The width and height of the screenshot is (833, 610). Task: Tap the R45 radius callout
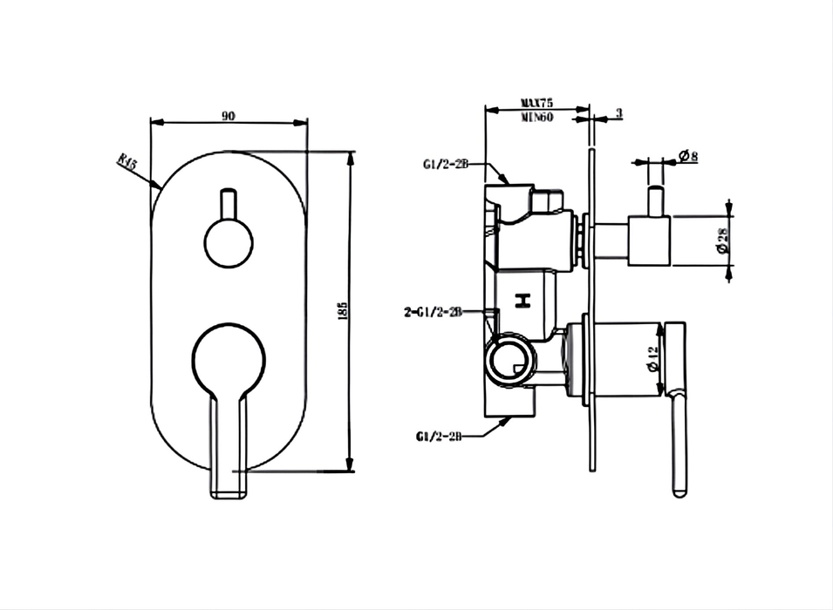pyautogui.click(x=128, y=164)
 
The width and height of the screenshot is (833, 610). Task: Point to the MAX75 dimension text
pyautogui.click(x=538, y=102)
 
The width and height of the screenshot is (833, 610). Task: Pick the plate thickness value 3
pyautogui.click(x=618, y=113)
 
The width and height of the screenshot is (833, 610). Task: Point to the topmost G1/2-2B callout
pyautogui.click(x=446, y=164)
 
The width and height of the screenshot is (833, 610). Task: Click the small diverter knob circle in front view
pyautogui.click(x=229, y=241)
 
